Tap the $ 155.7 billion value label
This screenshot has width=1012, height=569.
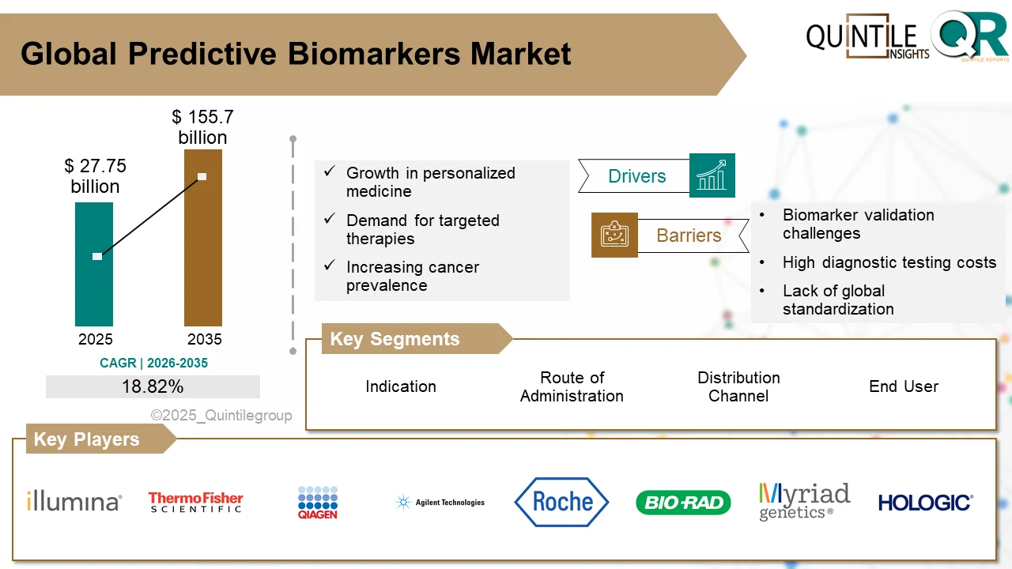coord(202,127)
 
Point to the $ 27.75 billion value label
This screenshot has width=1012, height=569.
coord(95,176)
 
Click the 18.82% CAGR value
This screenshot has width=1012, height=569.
coord(153,386)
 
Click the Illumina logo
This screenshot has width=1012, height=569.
coord(74,501)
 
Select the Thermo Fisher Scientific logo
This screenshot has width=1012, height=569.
coord(195,502)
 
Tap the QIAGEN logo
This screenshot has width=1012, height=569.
coord(318,502)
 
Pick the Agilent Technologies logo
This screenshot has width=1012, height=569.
coord(440,502)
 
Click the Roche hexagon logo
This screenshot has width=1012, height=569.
coord(561,502)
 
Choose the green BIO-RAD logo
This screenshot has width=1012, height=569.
coord(683,503)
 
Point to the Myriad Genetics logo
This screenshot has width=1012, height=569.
coord(804,502)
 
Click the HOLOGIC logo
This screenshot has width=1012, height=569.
coord(925,503)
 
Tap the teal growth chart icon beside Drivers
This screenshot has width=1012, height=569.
coord(712,175)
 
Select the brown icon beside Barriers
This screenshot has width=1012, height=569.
coord(614,235)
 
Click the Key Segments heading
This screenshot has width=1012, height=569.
coord(395,339)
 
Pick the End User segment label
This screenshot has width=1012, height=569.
coord(904,386)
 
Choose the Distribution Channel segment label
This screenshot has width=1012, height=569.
coord(738,386)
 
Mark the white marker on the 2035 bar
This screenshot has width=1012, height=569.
coord(202,176)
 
